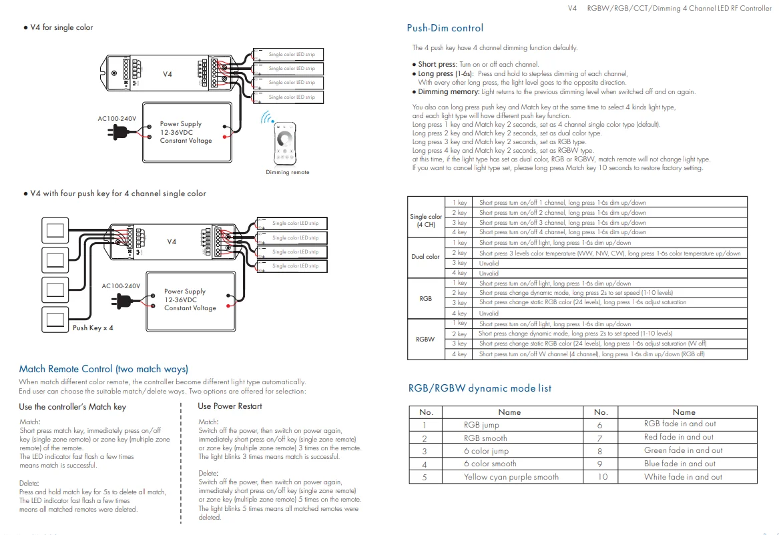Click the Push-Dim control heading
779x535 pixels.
[x=445, y=28]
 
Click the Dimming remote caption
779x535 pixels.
[x=287, y=172]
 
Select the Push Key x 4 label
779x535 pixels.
[x=93, y=328]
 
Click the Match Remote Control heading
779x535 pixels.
[x=103, y=369]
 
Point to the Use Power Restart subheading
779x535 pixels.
[x=230, y=406]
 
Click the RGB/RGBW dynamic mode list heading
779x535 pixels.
[x=479, y=388]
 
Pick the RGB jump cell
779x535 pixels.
[x=481, y=424]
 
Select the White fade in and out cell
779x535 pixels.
[x=683, y=477]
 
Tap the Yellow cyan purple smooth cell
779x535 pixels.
[x=511, y=477]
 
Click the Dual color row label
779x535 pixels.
[x=426, y=257]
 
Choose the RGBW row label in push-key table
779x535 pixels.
[x=425, y=339]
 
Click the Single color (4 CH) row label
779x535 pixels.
[x=426, y=220]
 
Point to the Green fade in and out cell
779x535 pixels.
[x=683, y=450]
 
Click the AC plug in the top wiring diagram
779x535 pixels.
[x=119, y=132]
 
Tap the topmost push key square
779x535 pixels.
[x=56, y=231]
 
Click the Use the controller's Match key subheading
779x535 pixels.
[x=72, y=406]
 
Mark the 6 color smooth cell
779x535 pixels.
[x=493, y=464]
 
